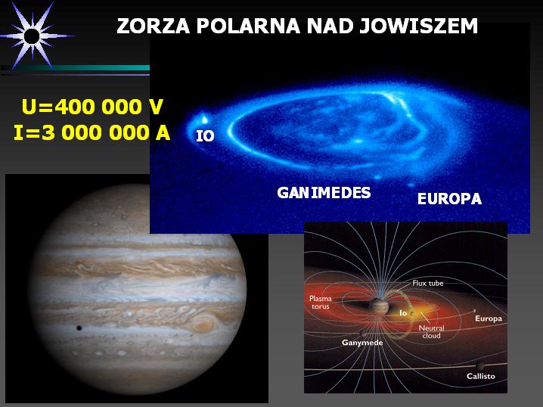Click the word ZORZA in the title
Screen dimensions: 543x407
coord(153,26)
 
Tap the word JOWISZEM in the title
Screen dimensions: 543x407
coord(418,26)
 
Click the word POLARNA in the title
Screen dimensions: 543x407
coord(248,26)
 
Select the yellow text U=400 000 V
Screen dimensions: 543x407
coord(92,107)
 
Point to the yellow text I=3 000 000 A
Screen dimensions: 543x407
coord(92,132)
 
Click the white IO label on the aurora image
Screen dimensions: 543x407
coord(205,136)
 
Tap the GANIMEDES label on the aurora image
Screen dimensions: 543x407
coord(324,193)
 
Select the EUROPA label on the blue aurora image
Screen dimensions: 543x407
coord(449,199)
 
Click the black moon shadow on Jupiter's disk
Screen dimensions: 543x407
coord(79,328)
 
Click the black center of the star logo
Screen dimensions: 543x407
coord(33,36)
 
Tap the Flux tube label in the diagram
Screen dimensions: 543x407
coord(428,284)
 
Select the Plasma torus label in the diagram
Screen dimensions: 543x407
coord(321,303)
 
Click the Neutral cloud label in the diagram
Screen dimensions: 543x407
coord(432,332)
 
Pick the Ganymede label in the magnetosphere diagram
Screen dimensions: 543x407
coord(362,343)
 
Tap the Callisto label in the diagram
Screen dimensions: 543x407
coord(481,376)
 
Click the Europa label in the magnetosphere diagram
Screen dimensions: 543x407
coord(489,318)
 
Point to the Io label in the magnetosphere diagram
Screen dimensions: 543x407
coord(403,313)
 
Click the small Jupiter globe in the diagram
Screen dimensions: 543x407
coord(379,306)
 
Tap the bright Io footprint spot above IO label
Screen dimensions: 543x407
coord(204,120)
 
